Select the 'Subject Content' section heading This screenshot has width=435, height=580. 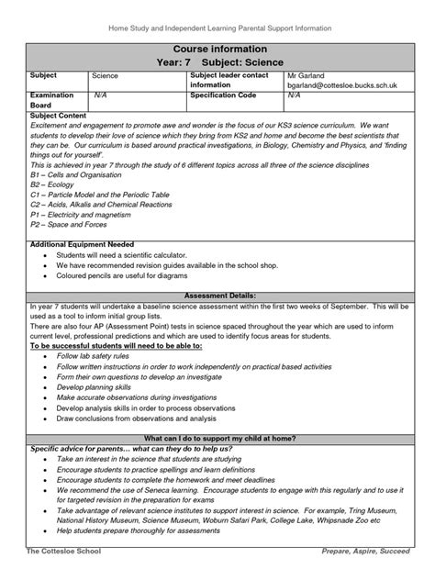coord(59,117)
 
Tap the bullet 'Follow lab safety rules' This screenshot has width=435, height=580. coord(95,353)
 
